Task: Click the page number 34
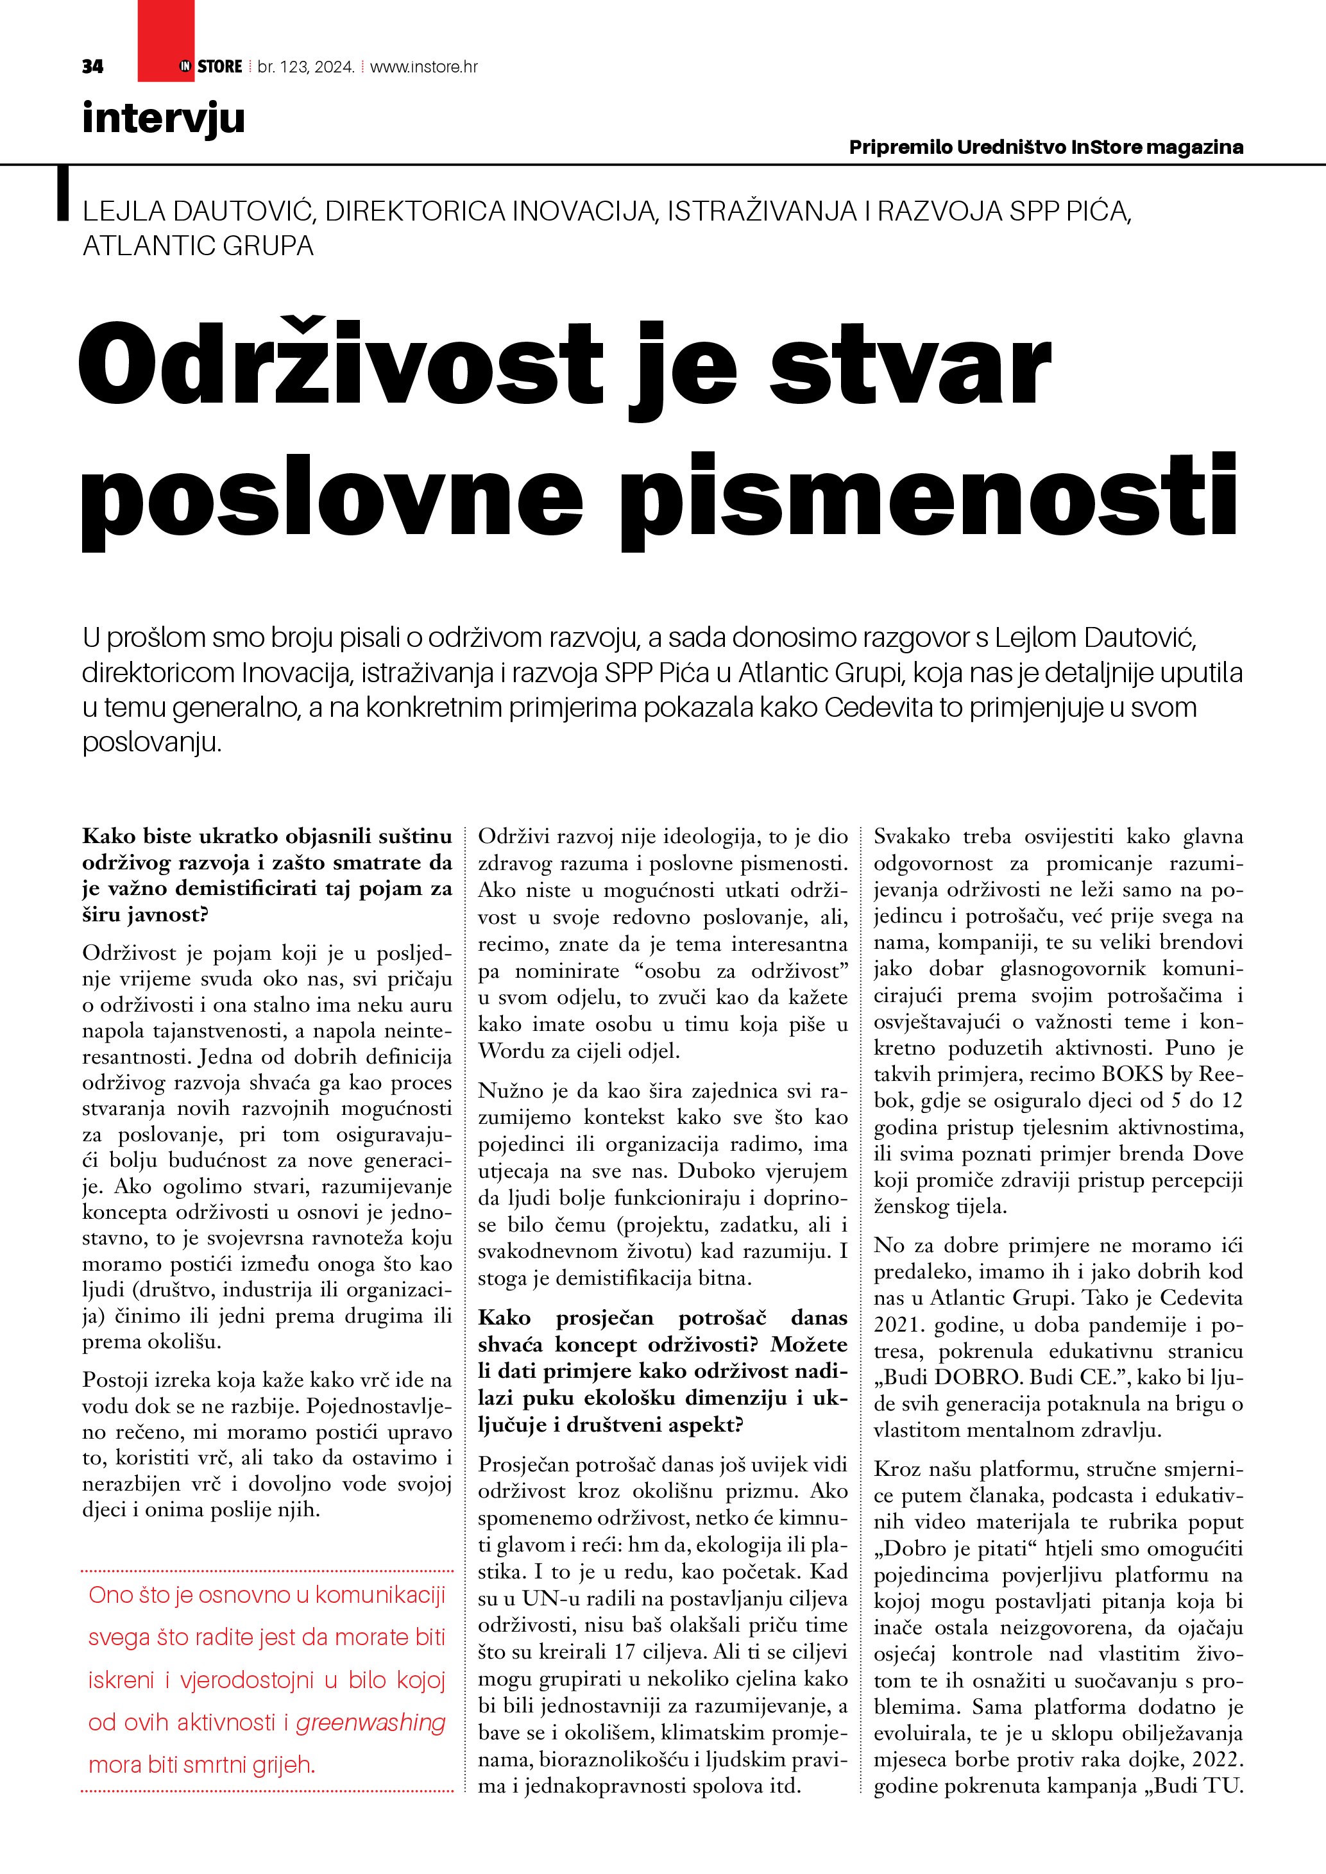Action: (92, 67)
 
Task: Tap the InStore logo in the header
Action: (210, 67)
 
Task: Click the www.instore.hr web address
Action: (424, 67)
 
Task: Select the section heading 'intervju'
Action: (164, 119)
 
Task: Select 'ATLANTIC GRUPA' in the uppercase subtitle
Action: (198, 246)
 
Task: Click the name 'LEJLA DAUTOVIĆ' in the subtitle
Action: (198, 212)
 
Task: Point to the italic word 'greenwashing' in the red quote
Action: (371, 1722)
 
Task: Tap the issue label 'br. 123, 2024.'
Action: (306, 67)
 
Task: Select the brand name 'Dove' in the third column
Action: (1218, 1153)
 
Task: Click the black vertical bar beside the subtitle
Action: (62, 194)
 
